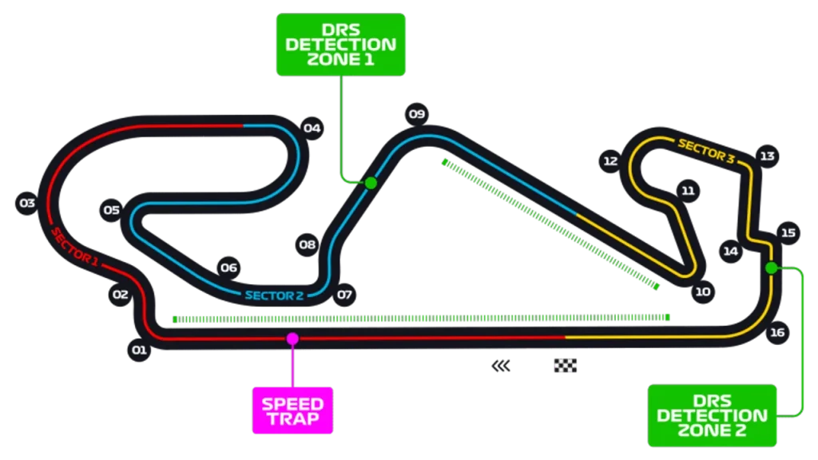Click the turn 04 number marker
coord(312,128)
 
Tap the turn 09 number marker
coord(417,113)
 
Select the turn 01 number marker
coord(139,350)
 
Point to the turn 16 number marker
coord(777,332)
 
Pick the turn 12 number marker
coord(610,161)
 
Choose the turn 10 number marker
coord(703,291)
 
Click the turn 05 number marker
coord(111,210)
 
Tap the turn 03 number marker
coord(27,202)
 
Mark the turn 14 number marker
coord(730,252)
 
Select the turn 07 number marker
coord(344,295)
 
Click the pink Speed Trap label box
coord(292,410)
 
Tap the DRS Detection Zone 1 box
coord(340,45)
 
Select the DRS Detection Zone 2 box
coord(712,415)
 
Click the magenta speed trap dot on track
coord(292,339)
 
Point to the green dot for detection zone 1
coord(371,183)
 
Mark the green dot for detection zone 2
coord(772,268)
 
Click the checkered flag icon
coord(566,366)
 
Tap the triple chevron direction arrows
coord(501,366)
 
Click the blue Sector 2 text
coord(275,295)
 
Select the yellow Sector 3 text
coord(706,151)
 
